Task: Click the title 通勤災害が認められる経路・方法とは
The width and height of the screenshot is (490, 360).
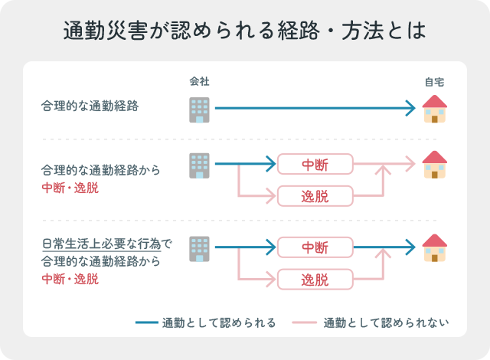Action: pos(245,31)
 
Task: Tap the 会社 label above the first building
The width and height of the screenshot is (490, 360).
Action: pos(199,82)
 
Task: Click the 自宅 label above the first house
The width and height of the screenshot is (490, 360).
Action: pos(435,82)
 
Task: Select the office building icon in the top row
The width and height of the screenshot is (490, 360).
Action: pos(199,109)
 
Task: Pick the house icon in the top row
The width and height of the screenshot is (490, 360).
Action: pos(435,109)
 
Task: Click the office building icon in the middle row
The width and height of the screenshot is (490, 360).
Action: pos(199,165)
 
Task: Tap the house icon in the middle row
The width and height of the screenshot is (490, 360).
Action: pos(435,164)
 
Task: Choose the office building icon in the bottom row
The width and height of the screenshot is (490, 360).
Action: pos(199,248)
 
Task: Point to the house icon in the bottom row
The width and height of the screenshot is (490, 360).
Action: pos(435,248)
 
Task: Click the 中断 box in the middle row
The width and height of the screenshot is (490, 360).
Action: pos(315,164)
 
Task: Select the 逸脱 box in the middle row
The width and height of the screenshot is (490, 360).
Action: pos(315,195)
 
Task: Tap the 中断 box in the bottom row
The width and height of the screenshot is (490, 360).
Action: pos(315,247)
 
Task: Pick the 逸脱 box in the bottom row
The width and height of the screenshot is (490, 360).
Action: pos(315,279)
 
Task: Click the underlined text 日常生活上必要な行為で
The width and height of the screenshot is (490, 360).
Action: pos(107,245)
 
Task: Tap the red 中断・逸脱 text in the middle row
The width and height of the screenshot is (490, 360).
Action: pos(70,187)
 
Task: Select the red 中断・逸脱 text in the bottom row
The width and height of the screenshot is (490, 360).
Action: pos(70,279)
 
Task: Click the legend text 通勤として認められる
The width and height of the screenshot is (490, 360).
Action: pos(219,322)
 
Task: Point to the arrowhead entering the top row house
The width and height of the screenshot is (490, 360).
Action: pos(410,109)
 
